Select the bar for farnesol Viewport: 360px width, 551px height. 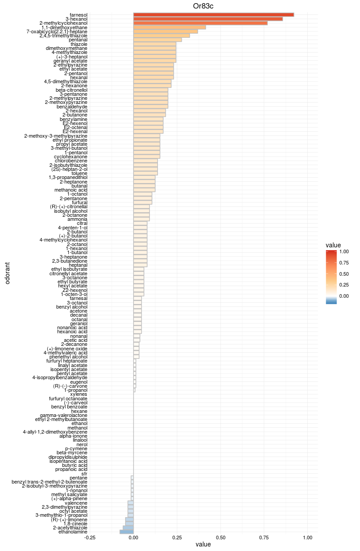coord(213,15)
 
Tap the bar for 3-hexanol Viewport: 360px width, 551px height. coord(208,19)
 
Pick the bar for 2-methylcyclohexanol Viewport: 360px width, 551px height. coord(200,23)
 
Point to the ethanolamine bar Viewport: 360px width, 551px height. coord(126,532)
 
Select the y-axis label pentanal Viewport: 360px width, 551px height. coord(78,40)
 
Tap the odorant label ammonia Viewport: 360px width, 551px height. coord(77,219)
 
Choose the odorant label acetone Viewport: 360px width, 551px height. coord(78,311)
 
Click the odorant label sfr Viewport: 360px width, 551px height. coord(84,474)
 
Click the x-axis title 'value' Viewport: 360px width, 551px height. coord(203,545)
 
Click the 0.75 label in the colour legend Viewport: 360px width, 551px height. coord(344,263)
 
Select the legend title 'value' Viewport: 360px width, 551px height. coord(333,245)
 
